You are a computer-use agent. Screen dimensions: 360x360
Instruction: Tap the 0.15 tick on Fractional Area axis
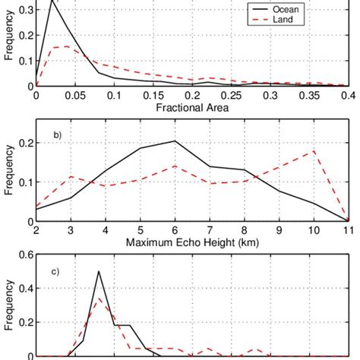(154, 96)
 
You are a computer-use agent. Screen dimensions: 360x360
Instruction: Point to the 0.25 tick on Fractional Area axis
(232, 96)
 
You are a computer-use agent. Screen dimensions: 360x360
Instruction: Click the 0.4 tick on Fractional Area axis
(349, 96)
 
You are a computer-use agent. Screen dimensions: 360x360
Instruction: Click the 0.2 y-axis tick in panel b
(25, 143)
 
